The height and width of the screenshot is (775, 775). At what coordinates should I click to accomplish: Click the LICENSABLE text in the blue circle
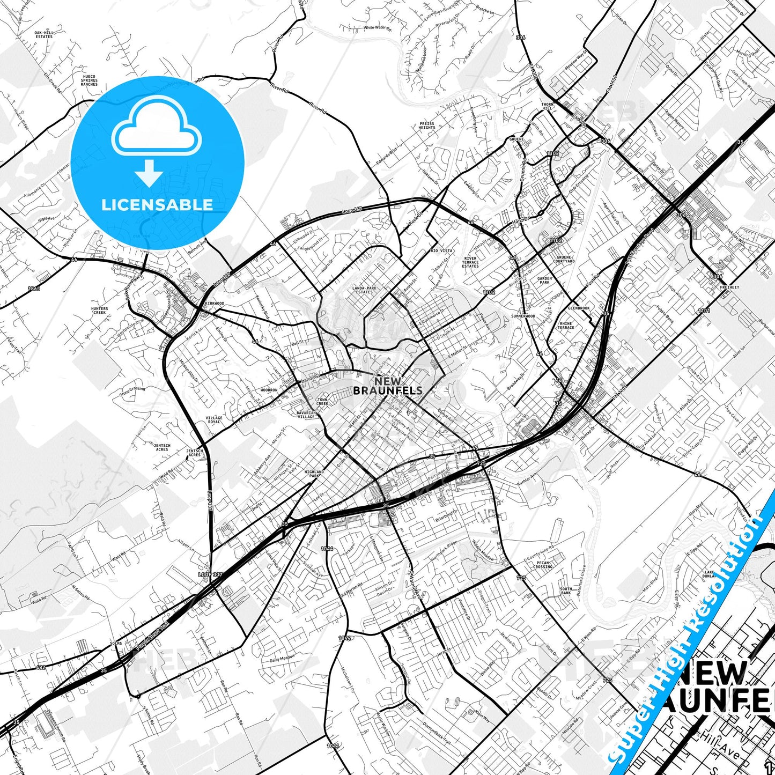click(157, 204)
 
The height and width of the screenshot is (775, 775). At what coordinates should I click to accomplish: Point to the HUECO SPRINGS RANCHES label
click(89, 80)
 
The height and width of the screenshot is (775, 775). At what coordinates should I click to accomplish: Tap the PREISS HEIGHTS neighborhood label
click(427, 126)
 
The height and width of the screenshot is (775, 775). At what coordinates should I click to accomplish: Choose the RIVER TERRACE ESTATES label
click(470, 262)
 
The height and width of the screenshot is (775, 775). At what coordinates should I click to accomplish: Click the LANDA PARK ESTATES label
click(364, 290)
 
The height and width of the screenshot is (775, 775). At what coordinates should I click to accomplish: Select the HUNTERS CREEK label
click(99, 311)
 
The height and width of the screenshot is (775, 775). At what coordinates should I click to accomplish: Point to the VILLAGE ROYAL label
click(213, 419)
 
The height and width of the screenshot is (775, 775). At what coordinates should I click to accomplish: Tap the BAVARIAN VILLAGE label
click(306, 415)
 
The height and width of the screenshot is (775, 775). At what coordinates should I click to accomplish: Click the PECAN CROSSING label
click(543, 565)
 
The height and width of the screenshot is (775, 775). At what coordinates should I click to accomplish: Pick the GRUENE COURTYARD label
click(564, 259)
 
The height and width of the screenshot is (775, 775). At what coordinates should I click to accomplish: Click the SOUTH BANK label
click(566, 591)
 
